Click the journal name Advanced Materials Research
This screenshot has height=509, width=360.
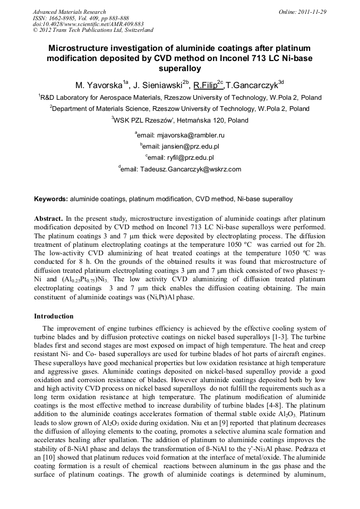click(x=69, y=12)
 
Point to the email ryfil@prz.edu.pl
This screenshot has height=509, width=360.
click(x=183, y=158)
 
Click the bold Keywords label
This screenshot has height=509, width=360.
click(x=51, y=199)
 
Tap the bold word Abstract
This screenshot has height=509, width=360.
click(x=49, y=218)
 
